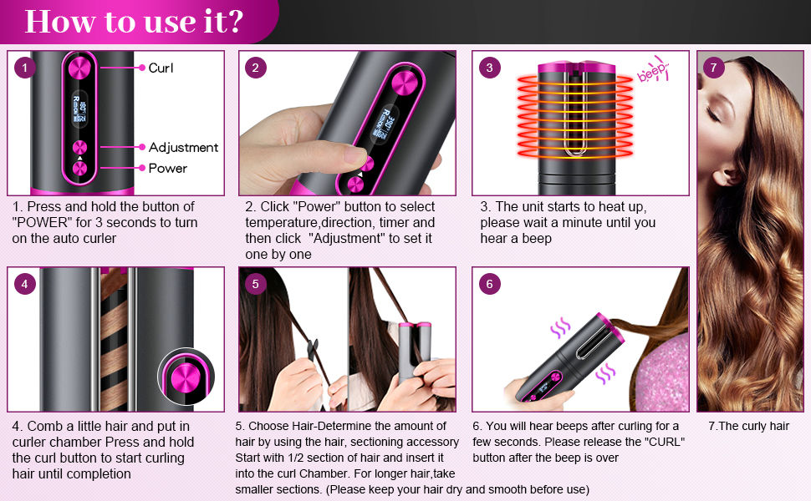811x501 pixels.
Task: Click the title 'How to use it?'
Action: [134, 22]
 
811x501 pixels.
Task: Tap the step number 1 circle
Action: [25, 68]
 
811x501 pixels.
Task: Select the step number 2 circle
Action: [256, 68]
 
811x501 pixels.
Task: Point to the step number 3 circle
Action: [489, 68]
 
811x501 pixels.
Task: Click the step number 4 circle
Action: [25, 284]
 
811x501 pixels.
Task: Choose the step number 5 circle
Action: [256, 284]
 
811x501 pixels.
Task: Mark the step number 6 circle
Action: [489, 284]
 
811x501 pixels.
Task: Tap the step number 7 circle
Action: [713, 68]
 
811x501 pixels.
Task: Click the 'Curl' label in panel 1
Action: [161, 68]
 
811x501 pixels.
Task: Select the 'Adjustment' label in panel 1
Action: [183, 147]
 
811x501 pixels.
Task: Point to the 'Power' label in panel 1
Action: [167, 168]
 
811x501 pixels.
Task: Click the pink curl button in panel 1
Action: [81, 68]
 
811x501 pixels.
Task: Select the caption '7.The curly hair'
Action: [748, 426]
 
